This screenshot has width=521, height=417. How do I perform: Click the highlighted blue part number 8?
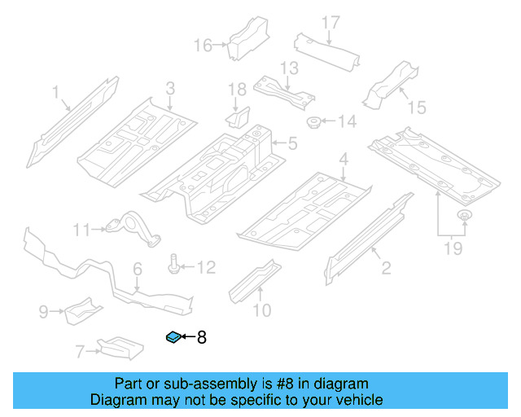click(173, 337)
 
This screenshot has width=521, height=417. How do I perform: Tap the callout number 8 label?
click(202, 337)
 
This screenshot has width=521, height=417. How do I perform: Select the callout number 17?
click(330, 23)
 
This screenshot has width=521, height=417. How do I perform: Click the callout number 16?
click(203, 46)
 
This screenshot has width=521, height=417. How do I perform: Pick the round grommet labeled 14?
click(313, 123)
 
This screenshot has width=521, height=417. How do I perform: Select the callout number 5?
click(291, 145)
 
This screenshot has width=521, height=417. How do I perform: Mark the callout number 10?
click(260, 309)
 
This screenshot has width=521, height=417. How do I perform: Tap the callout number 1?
click(55, 94)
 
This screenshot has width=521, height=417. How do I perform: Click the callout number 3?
click(170, 88)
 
